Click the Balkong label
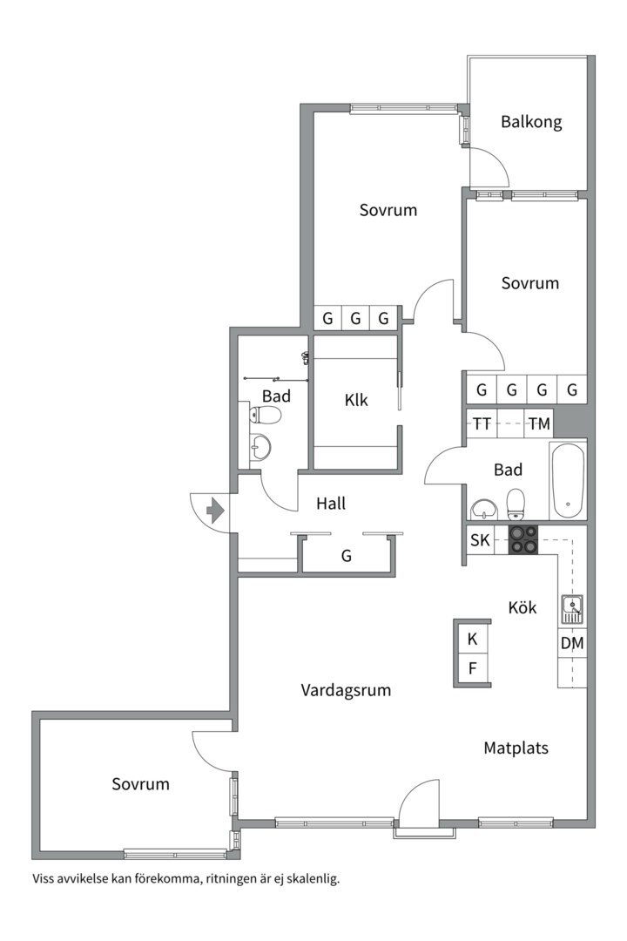click(531, 123)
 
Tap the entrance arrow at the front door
click(215, 511)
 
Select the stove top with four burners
click(523, 539)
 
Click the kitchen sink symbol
click(572, 610)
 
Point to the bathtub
click(568, 481)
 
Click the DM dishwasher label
click(572, 643)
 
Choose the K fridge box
click(472, 640)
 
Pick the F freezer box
click(472, 668)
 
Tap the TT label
click(482, 424)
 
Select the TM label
click(539, 424)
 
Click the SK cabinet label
click(480, 540)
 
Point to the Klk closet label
click(356, 400)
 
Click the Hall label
click(331, 504)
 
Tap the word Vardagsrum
click(346, 690)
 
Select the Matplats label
click(516, 748)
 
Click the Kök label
click(522, 607)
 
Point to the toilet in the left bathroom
click(266, 415)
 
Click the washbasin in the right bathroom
click(485, 510)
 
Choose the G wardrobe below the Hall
click(347, 556)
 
